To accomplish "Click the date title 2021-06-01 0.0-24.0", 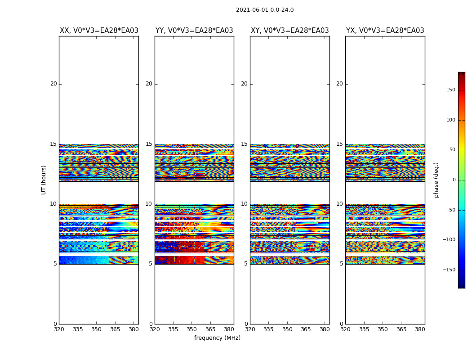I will click(265, 10).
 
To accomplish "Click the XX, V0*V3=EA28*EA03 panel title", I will click(99, 31).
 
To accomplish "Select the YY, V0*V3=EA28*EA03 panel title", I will click(194, 31).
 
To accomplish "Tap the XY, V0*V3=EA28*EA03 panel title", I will click(289, 31).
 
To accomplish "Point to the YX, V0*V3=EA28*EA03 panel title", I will click(385, 31).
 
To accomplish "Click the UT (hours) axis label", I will click(44, 180).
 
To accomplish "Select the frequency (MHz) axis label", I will click(217, 338).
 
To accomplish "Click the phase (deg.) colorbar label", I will click(436, 180).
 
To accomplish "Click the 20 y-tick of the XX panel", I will click(53, 84).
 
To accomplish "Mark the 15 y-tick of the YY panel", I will click(149, 144).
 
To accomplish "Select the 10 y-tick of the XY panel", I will click(244, 204).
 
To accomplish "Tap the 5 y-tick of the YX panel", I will click(341, 264).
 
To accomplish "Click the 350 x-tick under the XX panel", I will click(96, 329).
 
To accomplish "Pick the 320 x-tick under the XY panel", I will click(250, 329).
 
